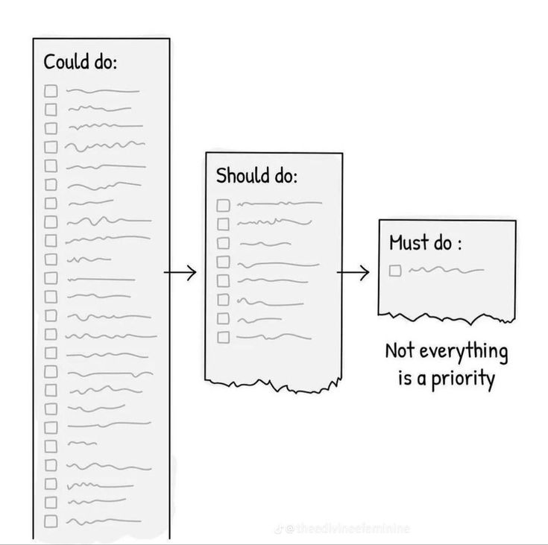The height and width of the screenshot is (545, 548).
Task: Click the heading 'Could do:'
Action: click(x=81, y=61)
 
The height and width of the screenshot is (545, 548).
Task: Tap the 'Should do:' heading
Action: click(x=256, y=177)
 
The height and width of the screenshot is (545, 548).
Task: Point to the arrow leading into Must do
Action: click(x=353, y=274)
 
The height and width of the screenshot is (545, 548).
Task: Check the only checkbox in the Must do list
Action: click(x=395, y=270)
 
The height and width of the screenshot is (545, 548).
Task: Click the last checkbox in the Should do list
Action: click(x=223, y=337)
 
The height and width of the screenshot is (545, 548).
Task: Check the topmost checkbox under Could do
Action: click(x=51, y=91)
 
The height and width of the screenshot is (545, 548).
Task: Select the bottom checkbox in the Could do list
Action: click(x=51, y=520)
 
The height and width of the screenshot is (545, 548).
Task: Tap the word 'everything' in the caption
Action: click(x=460, y=350)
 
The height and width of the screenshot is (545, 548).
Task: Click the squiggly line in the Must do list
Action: click(x=446, y=269)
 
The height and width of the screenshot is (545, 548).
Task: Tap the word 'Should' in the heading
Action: click(x=240, y=177)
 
